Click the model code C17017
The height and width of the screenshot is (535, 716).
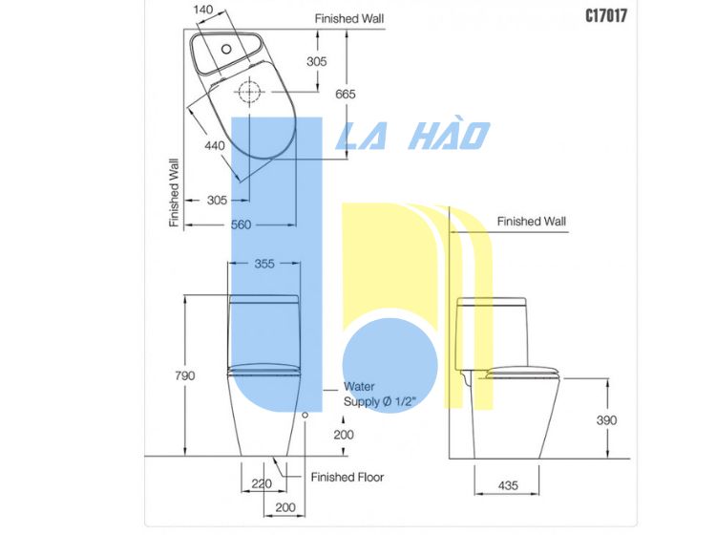point(606,15)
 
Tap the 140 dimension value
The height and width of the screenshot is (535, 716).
point(203,10)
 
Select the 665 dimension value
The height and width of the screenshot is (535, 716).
point(346,95)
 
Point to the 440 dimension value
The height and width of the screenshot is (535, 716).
point(215,146)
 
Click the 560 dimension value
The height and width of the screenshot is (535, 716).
point(242,225)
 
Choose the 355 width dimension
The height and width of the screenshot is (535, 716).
point(264,264)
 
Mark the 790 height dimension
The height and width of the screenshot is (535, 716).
point(185,375)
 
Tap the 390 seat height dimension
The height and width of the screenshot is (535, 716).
point(606,419)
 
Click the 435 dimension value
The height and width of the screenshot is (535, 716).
point(508,485)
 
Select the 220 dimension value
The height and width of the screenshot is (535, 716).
point(262,483)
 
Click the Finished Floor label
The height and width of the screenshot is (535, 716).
point(347,477)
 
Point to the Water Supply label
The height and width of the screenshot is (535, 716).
point(380,394)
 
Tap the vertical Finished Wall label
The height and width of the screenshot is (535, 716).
point(174,193)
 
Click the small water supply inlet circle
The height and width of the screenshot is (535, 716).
point(305,415)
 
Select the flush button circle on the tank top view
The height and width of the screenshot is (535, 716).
point(226,49)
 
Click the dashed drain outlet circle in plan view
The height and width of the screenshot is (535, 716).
point(249,92)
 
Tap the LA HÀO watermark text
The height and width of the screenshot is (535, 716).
point(412,136)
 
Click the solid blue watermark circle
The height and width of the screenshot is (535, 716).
point(390,366)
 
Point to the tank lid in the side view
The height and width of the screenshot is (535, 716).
point(492,302)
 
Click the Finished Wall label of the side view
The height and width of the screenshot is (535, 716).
point(531,222)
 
